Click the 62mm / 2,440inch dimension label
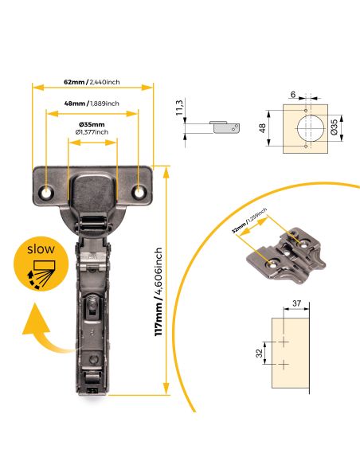tap(92, 82)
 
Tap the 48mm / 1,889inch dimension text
tap(92, 104)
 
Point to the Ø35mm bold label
tap(92, 124)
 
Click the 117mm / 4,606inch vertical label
tap(158, 292)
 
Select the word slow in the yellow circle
tap(41, 248)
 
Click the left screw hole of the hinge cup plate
tap(47, 193)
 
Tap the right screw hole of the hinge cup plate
tap(139, 192)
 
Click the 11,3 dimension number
tap(180, 107)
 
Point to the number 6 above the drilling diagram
tap(293, 95)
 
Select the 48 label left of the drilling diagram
tap(263, 128)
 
